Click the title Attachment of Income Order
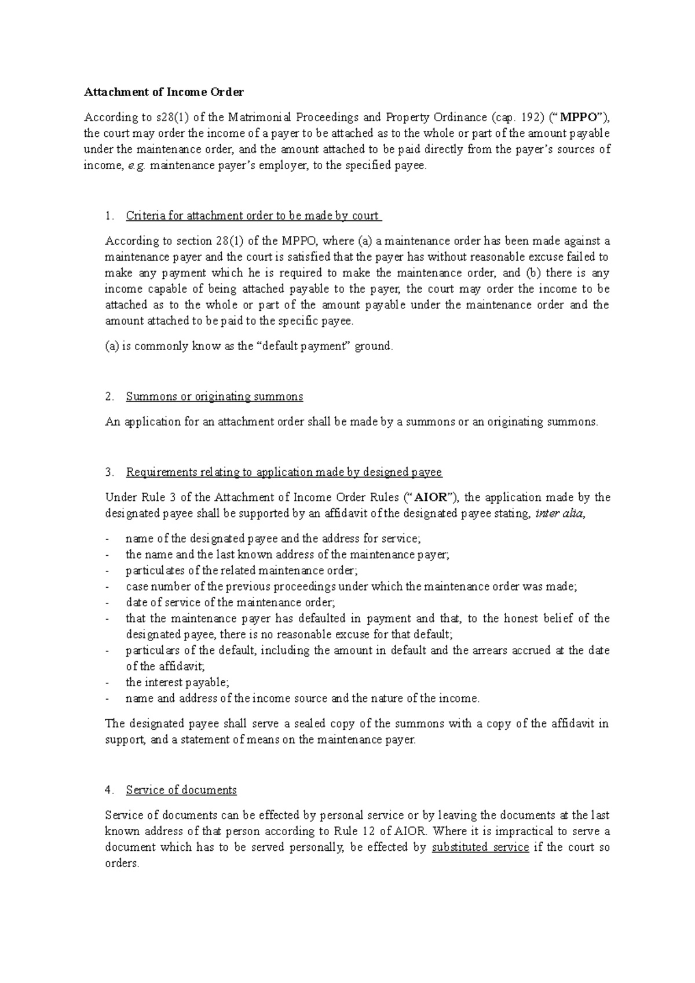(x=164, y=92)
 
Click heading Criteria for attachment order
(x=253, y=216)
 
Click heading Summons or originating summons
(x=214, y=397)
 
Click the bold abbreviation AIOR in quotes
(x=433, y=497)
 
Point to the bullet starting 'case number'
(x=351, y=587)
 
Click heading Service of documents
(x=181, y=790)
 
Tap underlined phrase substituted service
(x=480, y=847)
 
